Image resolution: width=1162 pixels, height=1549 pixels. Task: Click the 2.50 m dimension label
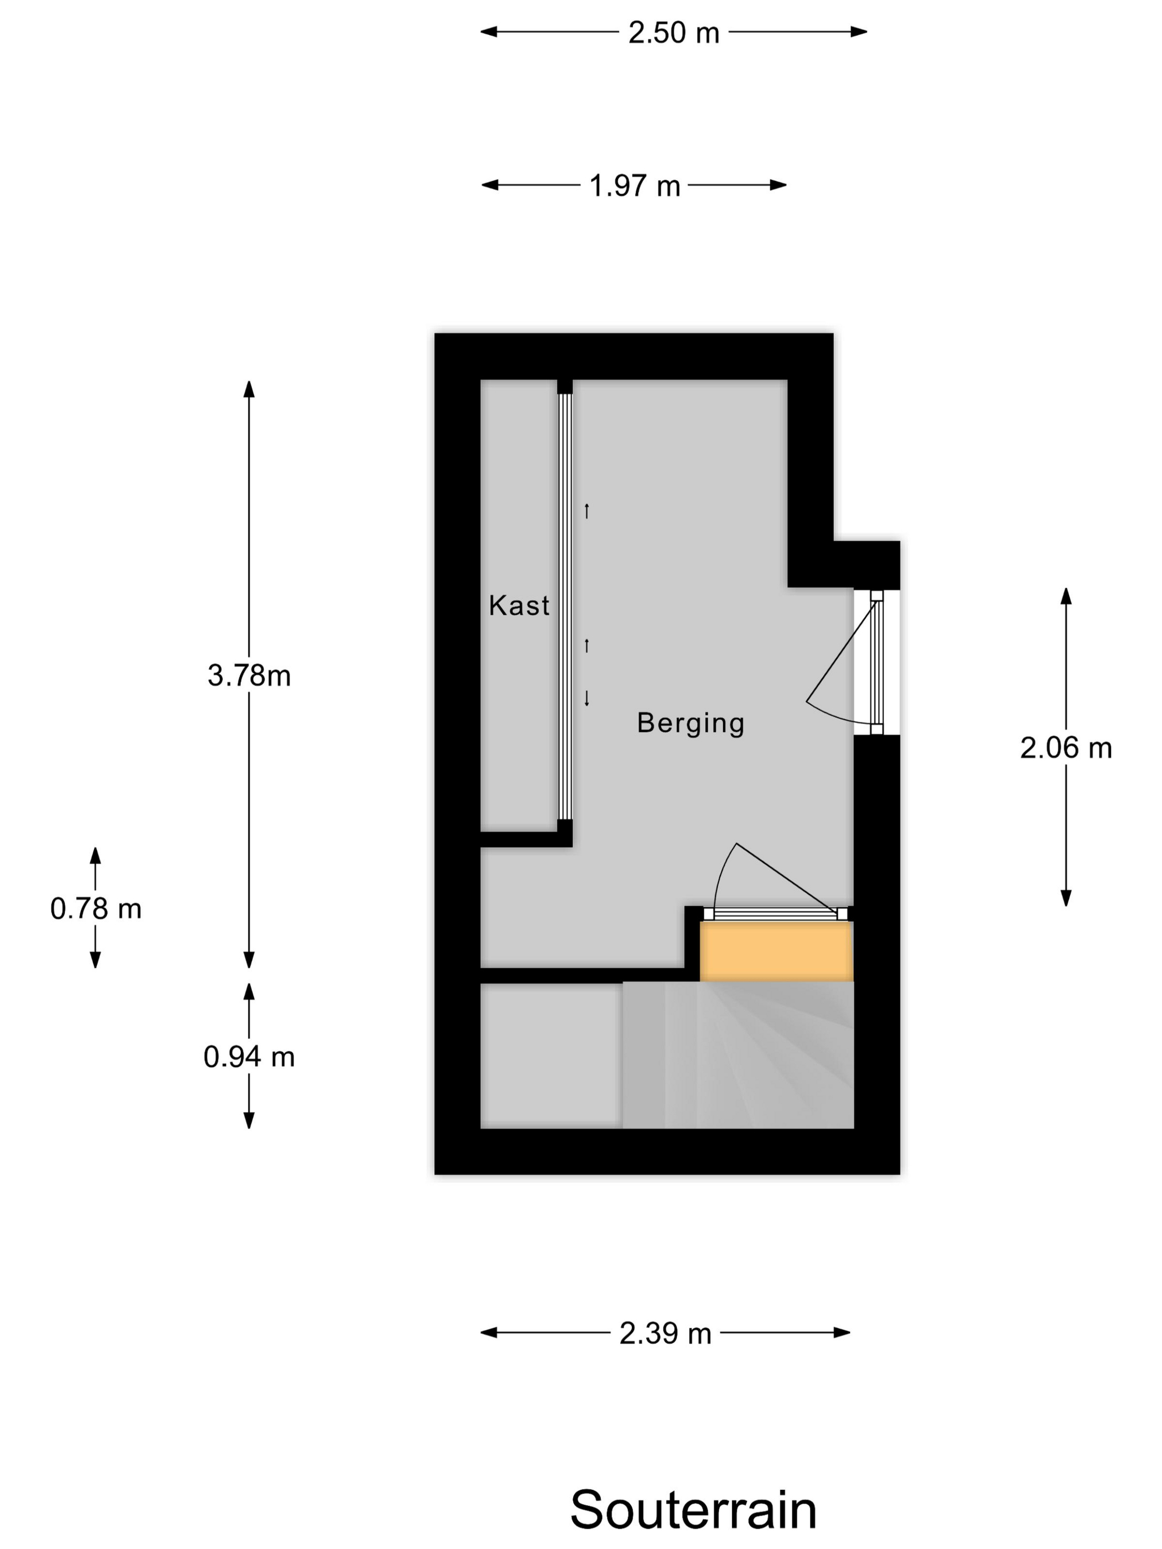tap(673, 33)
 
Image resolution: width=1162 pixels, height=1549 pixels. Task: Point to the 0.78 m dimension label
tap(96, 909)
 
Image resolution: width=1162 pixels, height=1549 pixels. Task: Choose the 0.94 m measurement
tap(248, 1057)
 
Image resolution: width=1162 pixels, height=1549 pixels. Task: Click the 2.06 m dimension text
tap(1065, 748)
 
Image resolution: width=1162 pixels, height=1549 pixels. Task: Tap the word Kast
tap(519, 605)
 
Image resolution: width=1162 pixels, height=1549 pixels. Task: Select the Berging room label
tap(691, 722)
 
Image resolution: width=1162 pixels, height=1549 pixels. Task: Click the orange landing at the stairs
tap(777, 951)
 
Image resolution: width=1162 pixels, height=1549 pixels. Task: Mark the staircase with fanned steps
tap(738, 1054)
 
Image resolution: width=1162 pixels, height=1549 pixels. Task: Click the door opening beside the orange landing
tap(775, 913)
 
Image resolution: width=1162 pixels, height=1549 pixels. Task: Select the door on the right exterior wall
tap(876, 662)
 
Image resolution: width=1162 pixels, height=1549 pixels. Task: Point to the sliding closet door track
tap(564, 606)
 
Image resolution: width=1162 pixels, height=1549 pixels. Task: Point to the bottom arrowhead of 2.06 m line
tap(1065, 898)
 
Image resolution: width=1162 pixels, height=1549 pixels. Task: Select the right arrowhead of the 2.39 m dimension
tap(842, 1332)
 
